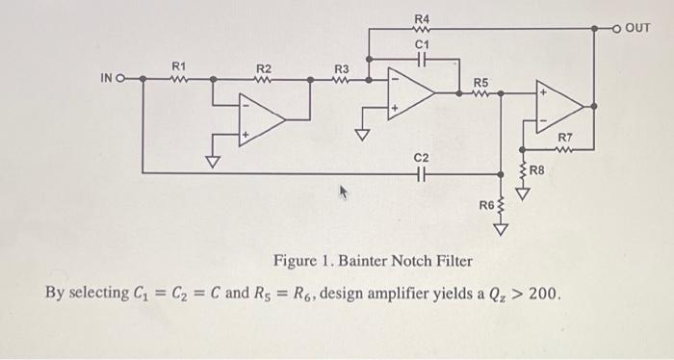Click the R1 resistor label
pos(177,65)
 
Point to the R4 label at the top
pos(422,19)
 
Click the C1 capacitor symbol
pos(422,58)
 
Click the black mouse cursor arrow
pos(339,194)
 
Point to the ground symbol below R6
pos(501,228)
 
